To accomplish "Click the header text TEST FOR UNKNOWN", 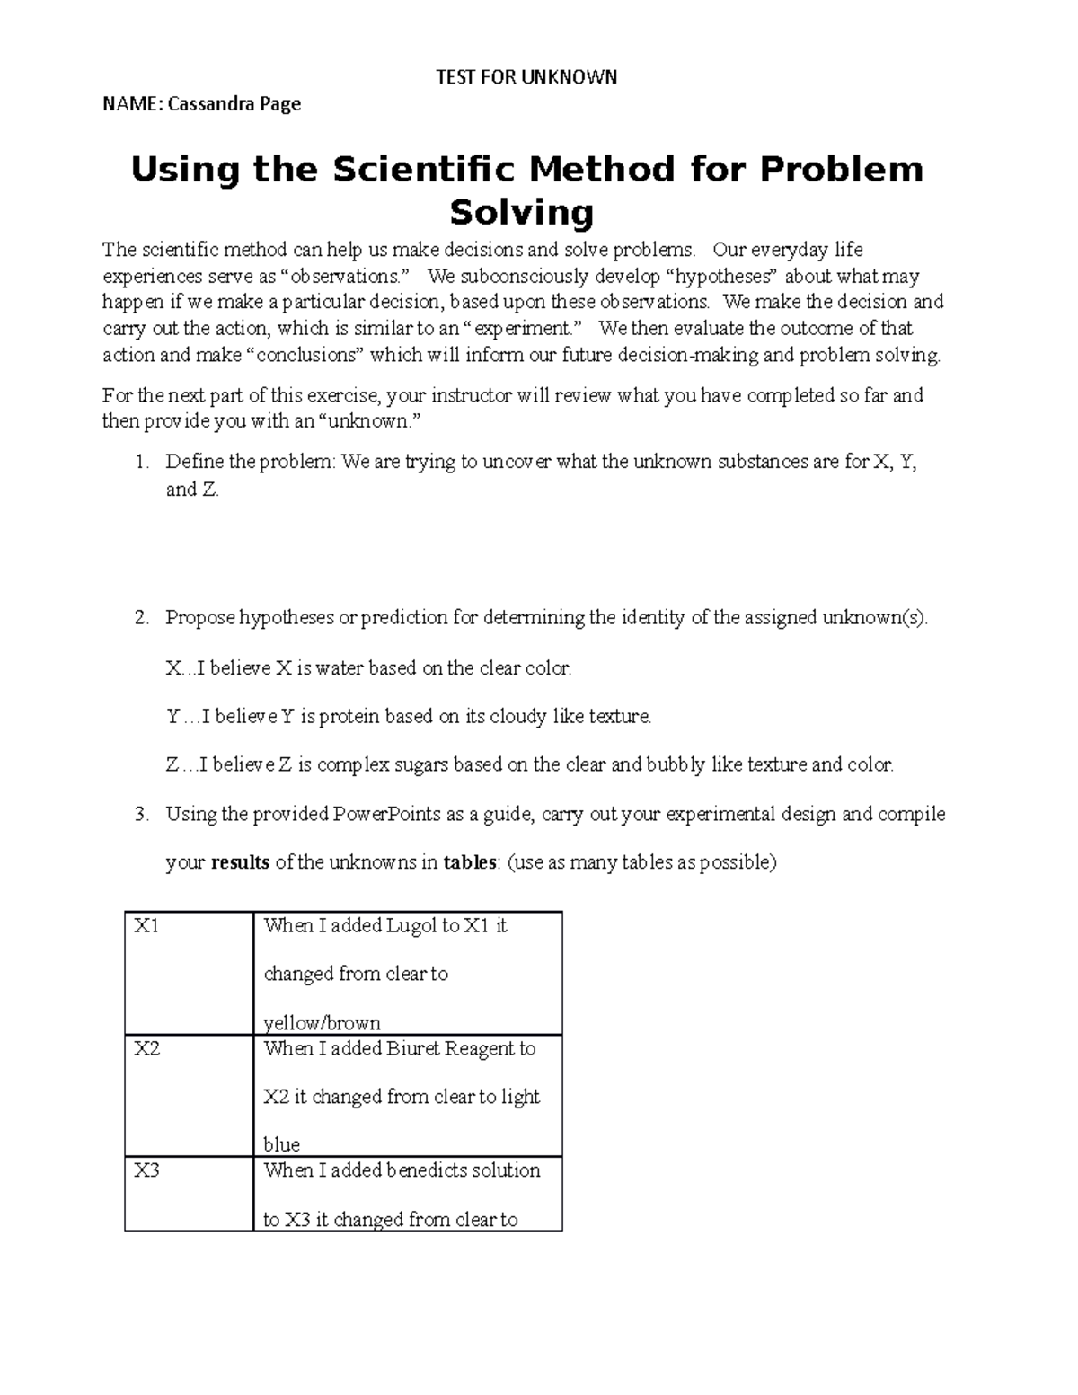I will [x=526, y=77].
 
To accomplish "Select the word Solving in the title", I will [x=521, y=213].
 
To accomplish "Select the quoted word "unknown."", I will [x=376, y=421].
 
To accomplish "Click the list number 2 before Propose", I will [x=140, y=618].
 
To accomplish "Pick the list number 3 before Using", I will [x=140, y=815].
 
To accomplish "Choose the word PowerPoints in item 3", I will [x=387, y=815].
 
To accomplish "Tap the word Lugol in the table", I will [x=411, y=926].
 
